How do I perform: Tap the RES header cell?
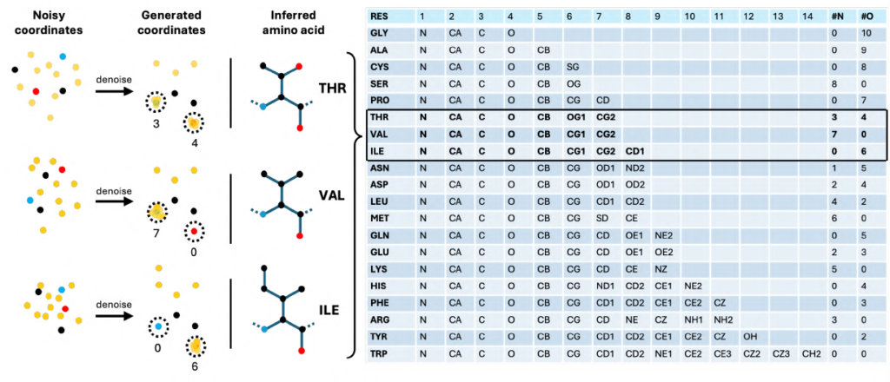coord(380,16)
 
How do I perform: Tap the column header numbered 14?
coord(810,16)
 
